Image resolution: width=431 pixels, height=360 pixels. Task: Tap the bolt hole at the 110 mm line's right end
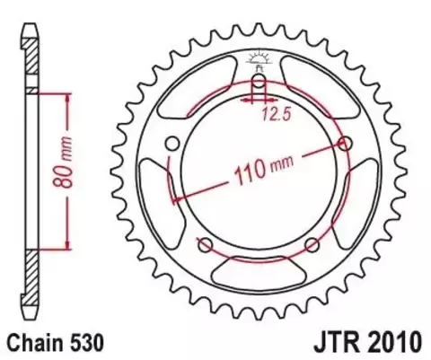tap(346, 144)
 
